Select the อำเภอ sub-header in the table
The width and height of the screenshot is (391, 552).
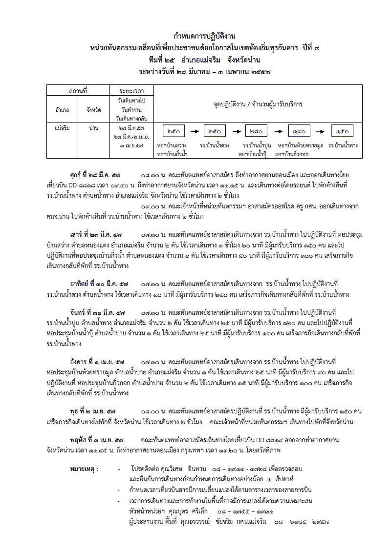(62, 110)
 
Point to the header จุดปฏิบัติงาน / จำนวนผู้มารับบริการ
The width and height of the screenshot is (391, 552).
(258, 104)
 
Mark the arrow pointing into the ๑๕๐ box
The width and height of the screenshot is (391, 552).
(321, 131)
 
